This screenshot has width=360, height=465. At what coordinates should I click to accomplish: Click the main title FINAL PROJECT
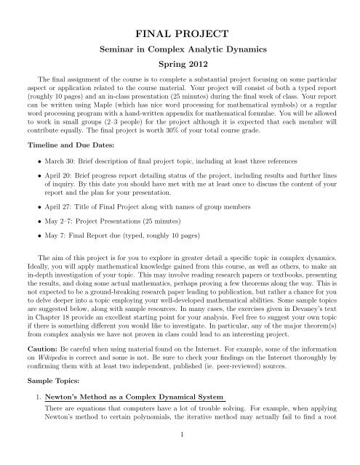coord(180,34)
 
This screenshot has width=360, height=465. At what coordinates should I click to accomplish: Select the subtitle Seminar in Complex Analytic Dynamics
coord(180,53)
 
